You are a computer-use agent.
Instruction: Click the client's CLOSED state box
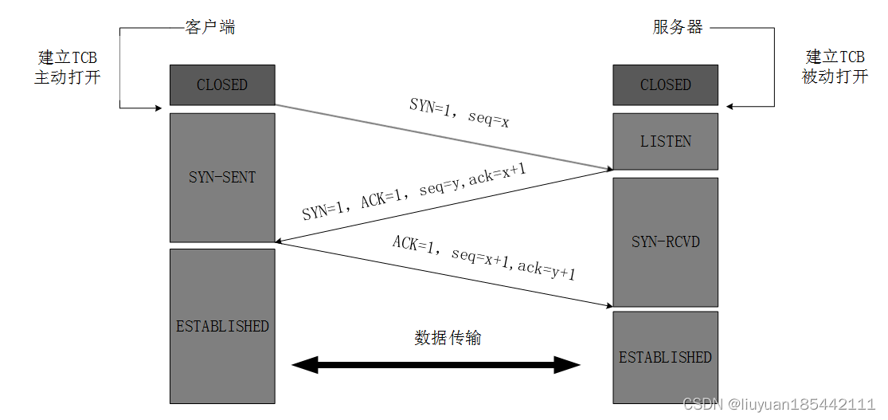(x=222, y=84)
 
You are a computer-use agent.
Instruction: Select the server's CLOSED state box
(x=665, y=84)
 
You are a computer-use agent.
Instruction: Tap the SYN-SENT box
(x=222, y=177)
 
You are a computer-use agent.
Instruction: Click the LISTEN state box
(x=665, y=141)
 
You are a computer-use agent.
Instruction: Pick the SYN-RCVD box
(x=665, y=241)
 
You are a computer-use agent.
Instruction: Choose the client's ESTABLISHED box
(x=222, y=326)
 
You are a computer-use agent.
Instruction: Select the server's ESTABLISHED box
(x=665, y=357)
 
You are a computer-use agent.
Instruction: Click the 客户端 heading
(x=210, y=27)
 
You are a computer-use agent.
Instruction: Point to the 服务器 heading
(x=678, y=27)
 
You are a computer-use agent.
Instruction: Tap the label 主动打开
(x=68, y=77)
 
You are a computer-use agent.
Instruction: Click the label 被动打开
(x=835, y=77)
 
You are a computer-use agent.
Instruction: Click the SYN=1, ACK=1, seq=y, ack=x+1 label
(x=414, y=192)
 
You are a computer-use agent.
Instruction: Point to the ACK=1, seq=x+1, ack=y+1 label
(x=483, y=257)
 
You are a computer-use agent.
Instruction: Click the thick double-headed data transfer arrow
(x=436, y=366)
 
